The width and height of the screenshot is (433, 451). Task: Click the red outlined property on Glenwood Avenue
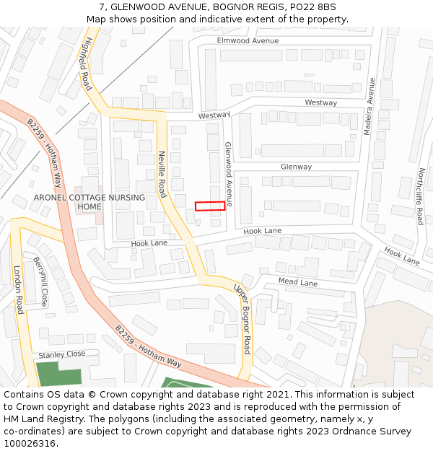(x=210, y=206)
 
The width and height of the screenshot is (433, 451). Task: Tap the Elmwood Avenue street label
(x=248, y=41)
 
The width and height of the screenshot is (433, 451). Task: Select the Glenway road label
(x=296, y=167)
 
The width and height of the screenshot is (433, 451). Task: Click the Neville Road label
(x=162, y=174)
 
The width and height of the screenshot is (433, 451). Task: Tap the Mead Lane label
(x=297, y=282)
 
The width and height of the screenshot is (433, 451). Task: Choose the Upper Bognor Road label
(x=242, y=319)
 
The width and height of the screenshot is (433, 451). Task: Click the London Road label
(x=19, y=289)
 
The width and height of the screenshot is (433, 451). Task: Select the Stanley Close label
(x=61, y=355)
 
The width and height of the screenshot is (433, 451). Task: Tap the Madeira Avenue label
(x=372, y=107)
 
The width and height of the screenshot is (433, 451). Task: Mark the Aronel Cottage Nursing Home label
(x=89, y=202)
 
